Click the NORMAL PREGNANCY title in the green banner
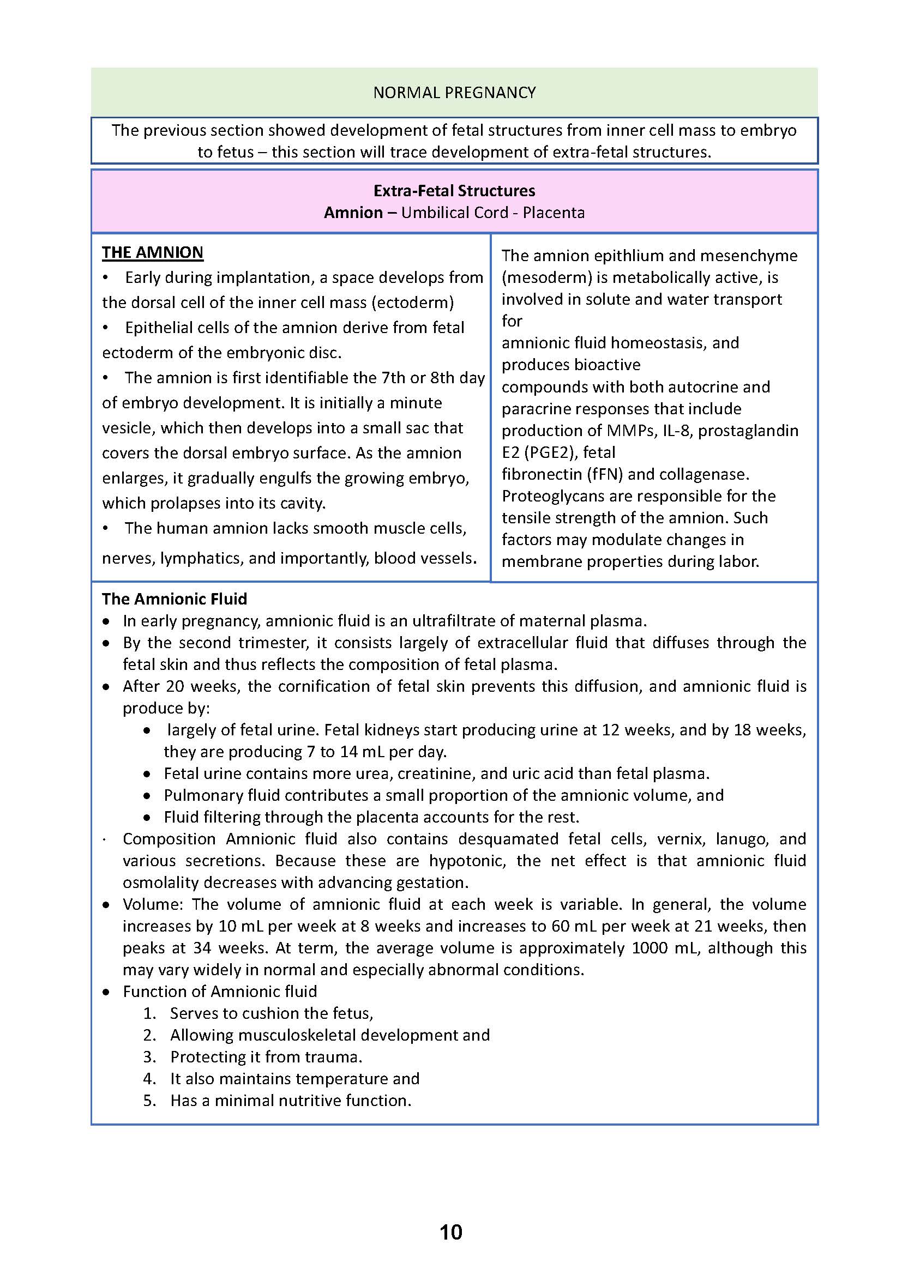pos(454,92)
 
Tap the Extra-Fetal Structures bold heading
pos(454,190)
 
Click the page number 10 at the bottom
pos(450,1232)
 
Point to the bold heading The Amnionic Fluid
pos(174,599)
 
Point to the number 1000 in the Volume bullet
pos(650,948)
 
